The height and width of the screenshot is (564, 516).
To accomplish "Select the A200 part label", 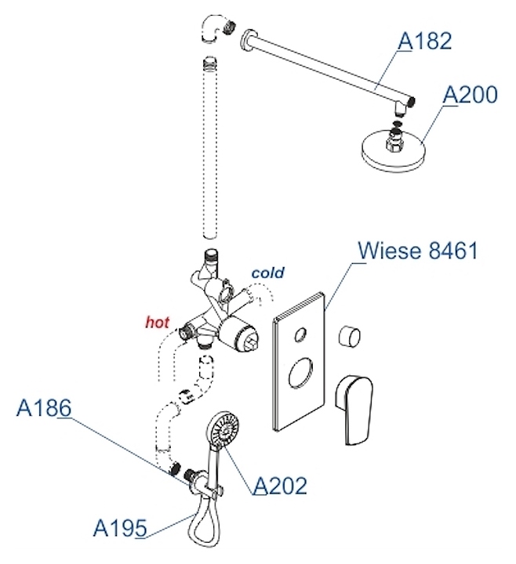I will pos(471,95).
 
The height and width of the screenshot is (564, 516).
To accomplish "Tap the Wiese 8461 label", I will pos(417,251).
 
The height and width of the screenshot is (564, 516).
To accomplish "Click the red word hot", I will pos(157,321).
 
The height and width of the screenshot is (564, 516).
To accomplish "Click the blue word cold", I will pos(267,273).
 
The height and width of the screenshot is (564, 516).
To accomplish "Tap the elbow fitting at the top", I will pos(215,31).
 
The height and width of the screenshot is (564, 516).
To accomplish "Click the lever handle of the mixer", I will pos(358,407).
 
